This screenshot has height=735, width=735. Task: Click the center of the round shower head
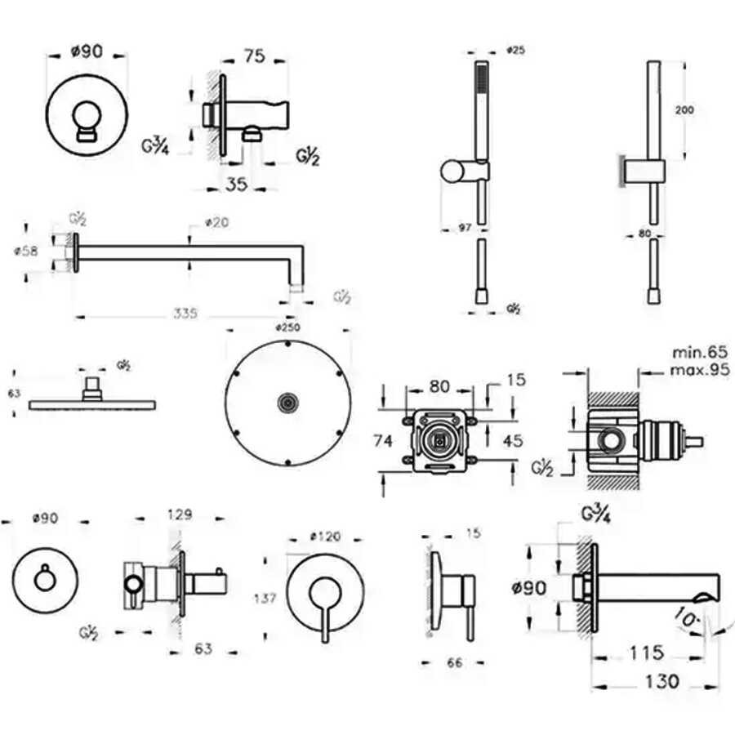click(287, 402)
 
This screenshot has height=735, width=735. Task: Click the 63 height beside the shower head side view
click(14, 394)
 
